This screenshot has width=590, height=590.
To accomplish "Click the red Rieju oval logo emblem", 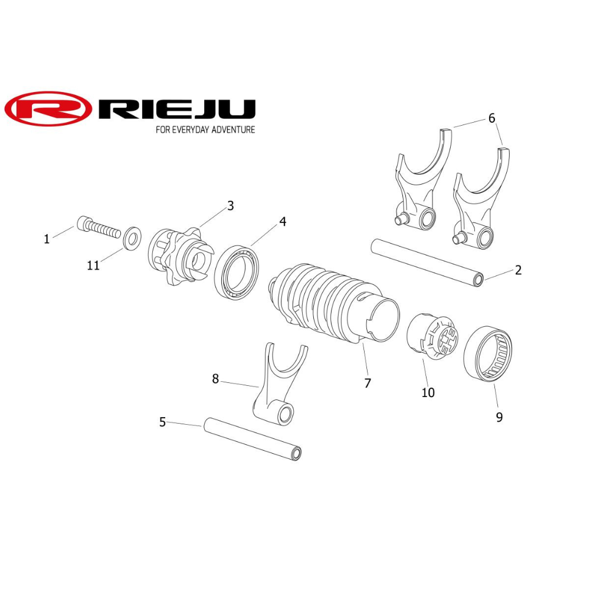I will [x=47, y=109].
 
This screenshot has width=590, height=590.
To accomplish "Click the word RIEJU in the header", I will [x=177, y=109].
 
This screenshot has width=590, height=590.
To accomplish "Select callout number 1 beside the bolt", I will [x=47, y=239].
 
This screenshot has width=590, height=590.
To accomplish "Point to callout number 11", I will [x=93, y=265].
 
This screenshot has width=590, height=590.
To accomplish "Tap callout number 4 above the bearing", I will [x=283, y=222].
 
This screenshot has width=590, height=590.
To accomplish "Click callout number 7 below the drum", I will [x=368, y=383].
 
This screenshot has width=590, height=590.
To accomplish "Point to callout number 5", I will [x=162, y=422].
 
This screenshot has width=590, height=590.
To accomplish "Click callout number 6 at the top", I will [x=491, y=118].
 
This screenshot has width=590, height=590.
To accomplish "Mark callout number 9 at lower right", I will [x=499, y=417].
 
